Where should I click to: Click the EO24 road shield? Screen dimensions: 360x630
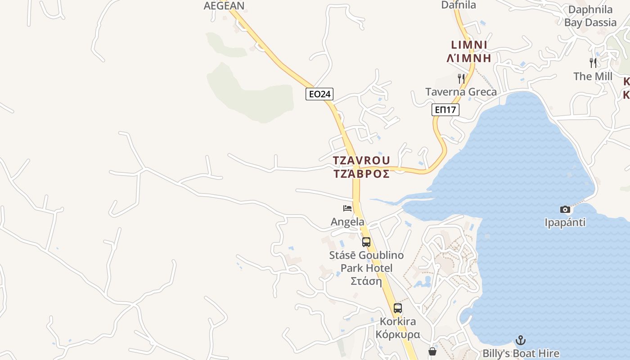(319, 94)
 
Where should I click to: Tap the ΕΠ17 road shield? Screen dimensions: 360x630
(445, 109)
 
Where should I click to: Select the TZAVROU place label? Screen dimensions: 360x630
(361, 161)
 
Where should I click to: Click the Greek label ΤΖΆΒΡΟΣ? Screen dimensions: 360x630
(361, 174)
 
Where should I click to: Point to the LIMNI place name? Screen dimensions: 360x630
(469, 45)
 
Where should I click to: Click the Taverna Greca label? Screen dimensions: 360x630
(461, 92)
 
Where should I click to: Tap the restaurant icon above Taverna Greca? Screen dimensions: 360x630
(461, 78)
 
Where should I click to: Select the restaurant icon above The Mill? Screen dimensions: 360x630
(593, 63)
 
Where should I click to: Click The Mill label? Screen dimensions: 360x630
(593, 76)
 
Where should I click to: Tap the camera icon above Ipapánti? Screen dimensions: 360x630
(565, 209)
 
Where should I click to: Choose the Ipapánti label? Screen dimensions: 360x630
(565, 223)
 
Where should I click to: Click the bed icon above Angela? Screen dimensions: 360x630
(347, 208)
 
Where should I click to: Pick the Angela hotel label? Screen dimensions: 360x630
(347, 222)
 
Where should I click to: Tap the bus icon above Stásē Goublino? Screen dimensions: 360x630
(366, 242)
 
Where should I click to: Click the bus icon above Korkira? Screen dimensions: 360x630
(398, 308)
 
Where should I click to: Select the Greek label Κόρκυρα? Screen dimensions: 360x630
(398, 335)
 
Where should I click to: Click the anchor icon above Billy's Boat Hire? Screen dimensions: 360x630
(521, 340)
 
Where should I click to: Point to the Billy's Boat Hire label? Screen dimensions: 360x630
(521, 354)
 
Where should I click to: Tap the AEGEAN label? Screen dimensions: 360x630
(224, 6)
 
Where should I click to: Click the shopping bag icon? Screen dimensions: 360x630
(432, 351)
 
